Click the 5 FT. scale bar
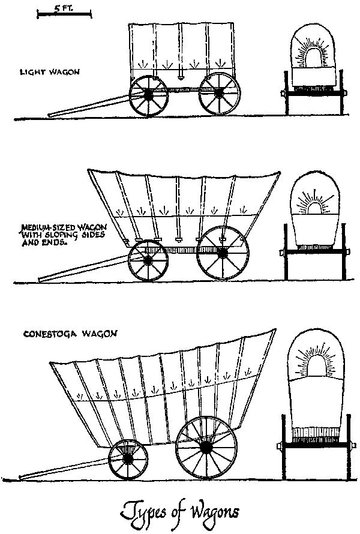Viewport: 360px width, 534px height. click(64, 14)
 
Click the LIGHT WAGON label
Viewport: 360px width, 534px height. click(50, 72)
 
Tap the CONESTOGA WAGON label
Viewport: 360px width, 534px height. click(70, 334)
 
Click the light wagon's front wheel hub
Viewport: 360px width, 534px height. click(148, 95)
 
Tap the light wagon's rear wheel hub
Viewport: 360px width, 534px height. click(220, 92)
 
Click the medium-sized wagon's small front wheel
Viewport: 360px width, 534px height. click(148, 260)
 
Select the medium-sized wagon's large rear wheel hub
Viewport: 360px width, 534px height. click(223, 253)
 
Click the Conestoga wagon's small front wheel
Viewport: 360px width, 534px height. click(128, 459)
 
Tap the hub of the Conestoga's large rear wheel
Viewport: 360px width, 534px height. click(206, 448)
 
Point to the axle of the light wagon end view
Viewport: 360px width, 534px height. click(314, 92)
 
